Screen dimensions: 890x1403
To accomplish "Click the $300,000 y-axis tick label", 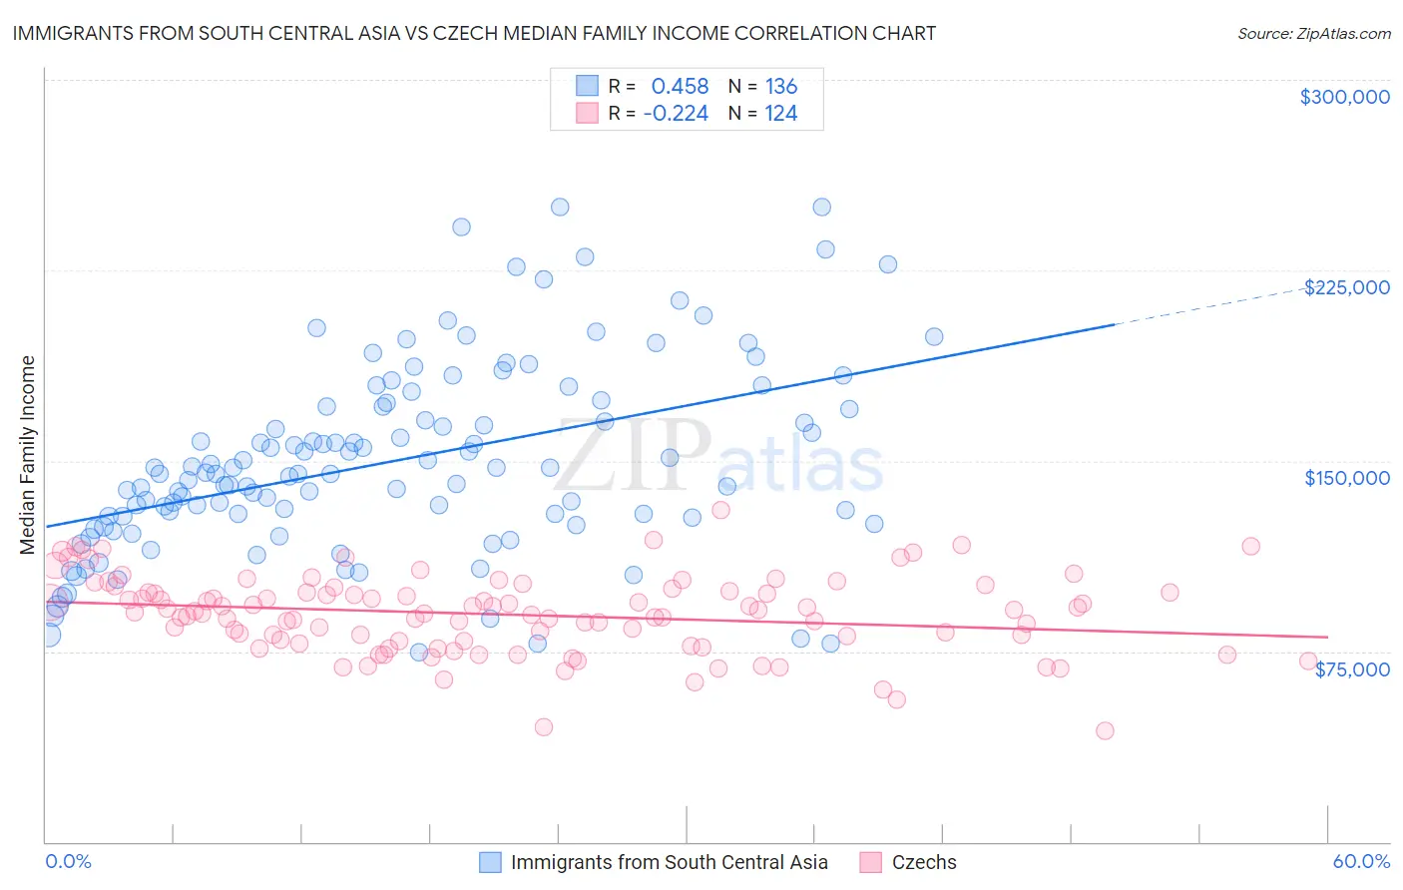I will point(1344,97).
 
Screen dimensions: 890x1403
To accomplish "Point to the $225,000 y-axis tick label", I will point(1346,287).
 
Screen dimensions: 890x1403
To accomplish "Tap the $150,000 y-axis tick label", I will point(1346,478).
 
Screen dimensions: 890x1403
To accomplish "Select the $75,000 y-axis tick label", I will point(1351,669).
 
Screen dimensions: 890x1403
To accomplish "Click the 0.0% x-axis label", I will point(68,861).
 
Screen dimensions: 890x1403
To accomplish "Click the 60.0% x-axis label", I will point(1360,861).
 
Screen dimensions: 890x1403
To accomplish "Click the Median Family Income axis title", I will point(28,454).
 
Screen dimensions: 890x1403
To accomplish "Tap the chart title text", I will point(473,33).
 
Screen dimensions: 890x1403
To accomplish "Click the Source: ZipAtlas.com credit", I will point(1313,33).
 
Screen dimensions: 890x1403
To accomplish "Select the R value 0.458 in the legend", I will point(680,87).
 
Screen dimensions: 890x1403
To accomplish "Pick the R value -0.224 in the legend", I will point(676,114).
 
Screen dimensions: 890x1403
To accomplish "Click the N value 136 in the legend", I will point(780,87).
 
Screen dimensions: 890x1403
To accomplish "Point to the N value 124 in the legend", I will point(780,114).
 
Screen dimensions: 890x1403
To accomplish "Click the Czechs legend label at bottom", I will point(923,862).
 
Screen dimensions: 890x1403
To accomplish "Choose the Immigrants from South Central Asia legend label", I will point(669,862).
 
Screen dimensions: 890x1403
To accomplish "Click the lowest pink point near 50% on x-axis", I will point(1105,730).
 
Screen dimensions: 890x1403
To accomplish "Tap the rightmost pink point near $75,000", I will point(1308,661).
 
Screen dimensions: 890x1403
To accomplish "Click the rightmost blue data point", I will point(934,336).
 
